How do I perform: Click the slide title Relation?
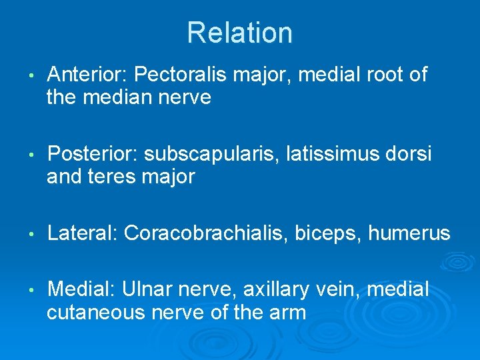tap(239, 33)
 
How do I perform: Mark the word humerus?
tap(409, 233)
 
